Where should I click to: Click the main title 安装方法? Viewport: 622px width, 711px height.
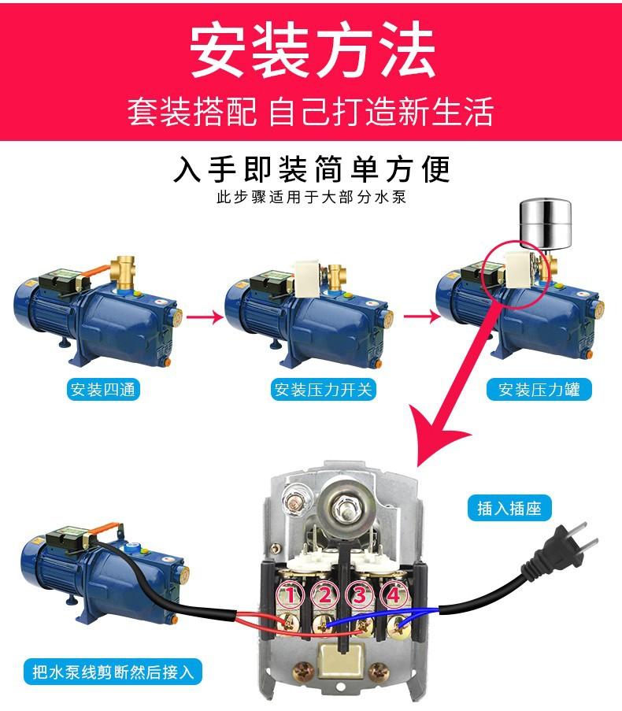point(313,50)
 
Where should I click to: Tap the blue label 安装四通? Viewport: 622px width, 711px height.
point(103,390)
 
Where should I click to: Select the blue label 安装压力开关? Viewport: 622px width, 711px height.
point(324,390)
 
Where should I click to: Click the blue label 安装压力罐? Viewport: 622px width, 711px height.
point(539,390)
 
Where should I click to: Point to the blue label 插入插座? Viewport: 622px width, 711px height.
point(509,509)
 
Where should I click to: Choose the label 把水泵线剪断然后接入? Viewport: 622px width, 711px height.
point(113,672)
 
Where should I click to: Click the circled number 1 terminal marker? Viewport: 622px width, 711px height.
point(291,594)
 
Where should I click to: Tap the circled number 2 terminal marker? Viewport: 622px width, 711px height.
point(324,594)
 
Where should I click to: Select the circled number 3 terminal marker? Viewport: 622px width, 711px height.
point(360,594)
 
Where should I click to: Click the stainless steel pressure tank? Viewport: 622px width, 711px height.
point(545,224)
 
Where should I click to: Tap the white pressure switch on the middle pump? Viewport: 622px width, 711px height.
point(307,279)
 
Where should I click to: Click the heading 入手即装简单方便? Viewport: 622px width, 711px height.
point(312,169)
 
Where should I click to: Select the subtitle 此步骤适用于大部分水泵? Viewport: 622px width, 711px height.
point(312,198)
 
